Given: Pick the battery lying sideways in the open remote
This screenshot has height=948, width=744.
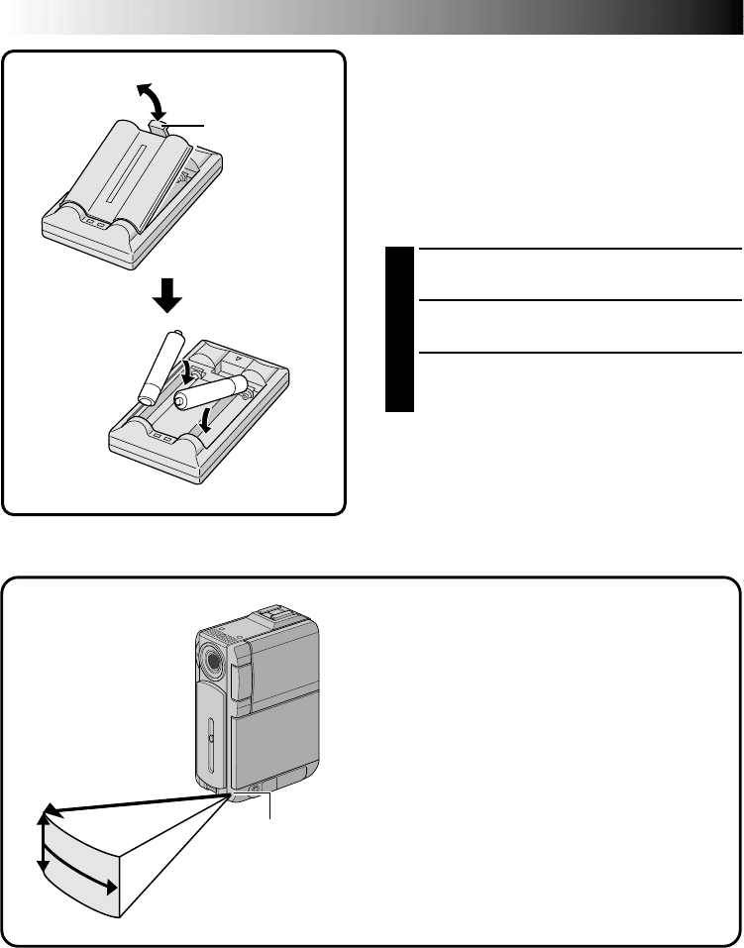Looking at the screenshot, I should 210,393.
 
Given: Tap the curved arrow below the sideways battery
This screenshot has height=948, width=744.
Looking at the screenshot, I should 206,421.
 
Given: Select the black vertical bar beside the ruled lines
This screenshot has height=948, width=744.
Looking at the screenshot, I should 399,331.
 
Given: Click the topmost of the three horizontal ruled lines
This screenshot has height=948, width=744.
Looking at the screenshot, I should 580,250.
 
